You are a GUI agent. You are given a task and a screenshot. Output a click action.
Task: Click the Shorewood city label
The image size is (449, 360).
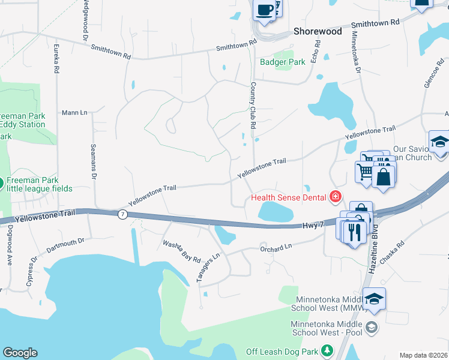point(318,31)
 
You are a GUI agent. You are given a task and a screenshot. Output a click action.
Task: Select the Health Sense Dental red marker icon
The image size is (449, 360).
point(335,197)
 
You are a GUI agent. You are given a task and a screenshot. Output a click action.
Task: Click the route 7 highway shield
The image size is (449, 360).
point(122,214)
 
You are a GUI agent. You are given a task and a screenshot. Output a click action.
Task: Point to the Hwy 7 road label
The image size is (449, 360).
point(313,225)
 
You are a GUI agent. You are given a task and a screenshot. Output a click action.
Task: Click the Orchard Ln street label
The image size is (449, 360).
point(276,247)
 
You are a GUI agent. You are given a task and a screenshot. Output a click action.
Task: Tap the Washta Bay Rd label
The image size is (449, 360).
point(181,251)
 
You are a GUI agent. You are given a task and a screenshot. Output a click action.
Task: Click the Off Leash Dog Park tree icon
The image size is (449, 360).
point(327,350)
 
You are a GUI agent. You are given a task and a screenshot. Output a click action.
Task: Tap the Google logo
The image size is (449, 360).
point(20,353)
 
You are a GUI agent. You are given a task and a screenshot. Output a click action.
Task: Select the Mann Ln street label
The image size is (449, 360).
point(74,112)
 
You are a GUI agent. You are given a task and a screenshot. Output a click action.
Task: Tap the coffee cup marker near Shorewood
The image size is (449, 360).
point(264,10)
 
